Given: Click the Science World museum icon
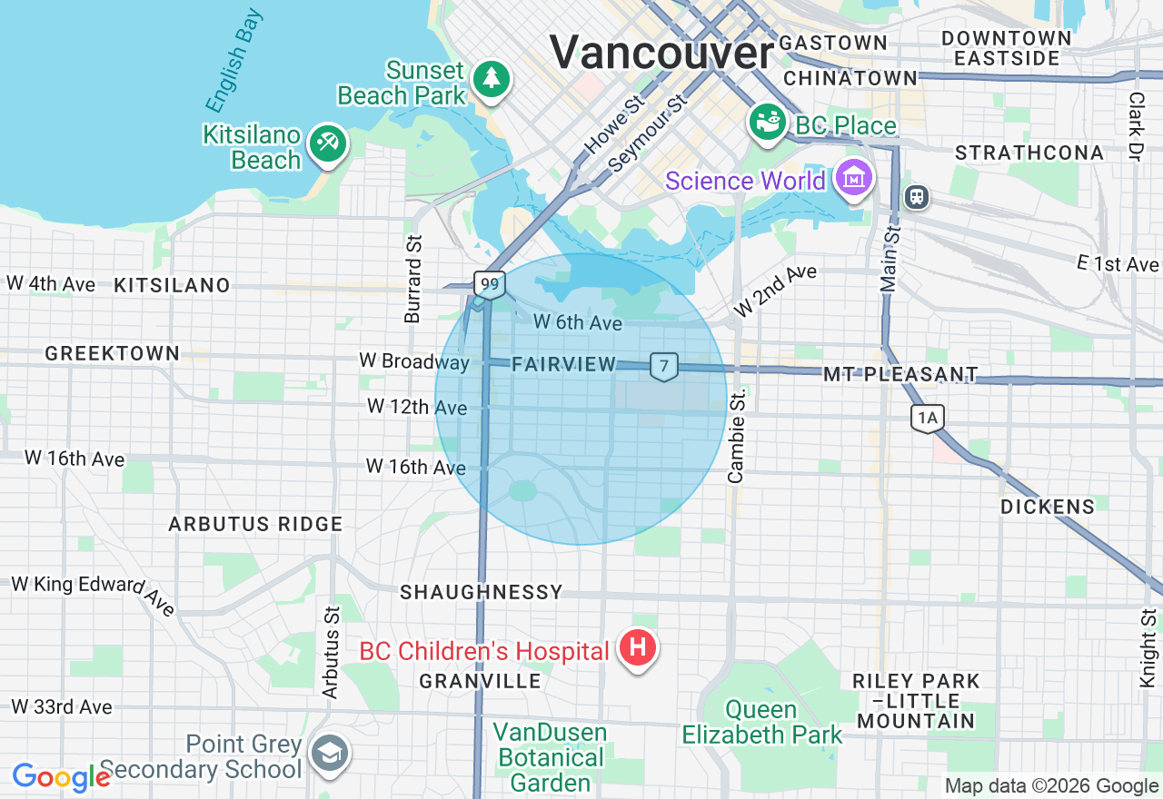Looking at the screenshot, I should click(854, 180).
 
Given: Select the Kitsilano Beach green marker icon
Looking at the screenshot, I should click(327, 143).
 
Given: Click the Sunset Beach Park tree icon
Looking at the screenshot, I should click(492, 78).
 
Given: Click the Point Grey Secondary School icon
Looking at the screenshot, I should click(329, 753).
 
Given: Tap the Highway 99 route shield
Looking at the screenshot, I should click(490, 285).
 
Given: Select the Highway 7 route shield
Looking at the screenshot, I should click(664, 366).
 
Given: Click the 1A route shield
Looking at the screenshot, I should click(928, 418).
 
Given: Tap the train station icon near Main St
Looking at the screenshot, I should click(918, 196).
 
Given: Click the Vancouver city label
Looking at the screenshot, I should click(661, 52).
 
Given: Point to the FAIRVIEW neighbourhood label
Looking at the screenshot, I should click(564, 364).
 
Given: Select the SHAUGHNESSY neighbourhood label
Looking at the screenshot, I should click(482, 592).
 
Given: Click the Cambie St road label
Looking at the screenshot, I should click(737, 436).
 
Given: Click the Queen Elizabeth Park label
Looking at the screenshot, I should click(762, 722).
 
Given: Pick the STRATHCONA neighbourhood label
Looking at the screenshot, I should click(1029, 153).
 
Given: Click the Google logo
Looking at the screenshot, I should click(61, 777).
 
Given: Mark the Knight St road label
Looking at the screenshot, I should click(1148, 647).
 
